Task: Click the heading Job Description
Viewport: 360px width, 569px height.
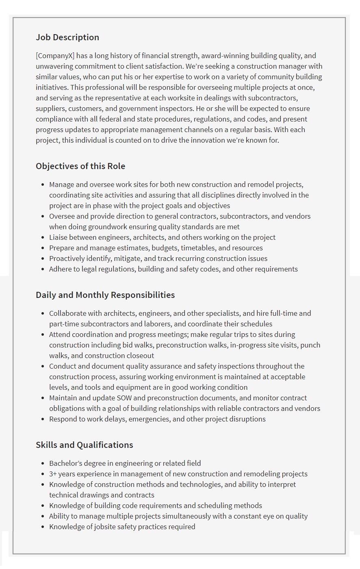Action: click(67, 37)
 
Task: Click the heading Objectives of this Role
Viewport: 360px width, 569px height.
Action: click(80, 166)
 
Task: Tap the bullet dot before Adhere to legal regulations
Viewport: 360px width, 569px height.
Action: click(43, 269)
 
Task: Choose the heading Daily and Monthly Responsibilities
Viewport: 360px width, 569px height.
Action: click(105, 295)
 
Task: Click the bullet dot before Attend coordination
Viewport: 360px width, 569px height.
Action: click(43, 334)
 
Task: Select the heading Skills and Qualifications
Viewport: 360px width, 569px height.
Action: click(85, 445)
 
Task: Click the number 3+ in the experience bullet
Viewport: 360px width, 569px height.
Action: click(53, 474)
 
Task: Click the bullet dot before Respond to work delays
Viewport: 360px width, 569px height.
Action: click(43, 419)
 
